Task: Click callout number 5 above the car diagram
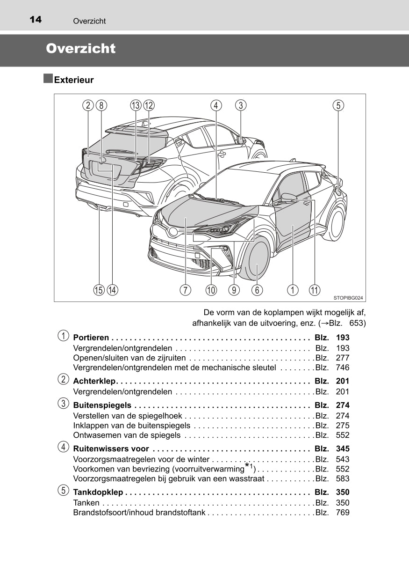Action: click(x=338, y=105)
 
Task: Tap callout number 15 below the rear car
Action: click(x=99, y=290)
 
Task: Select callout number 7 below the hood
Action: click(x=186, y=290)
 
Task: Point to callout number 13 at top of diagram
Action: click(x=136, y=105)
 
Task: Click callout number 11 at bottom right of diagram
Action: click(x=315, y=290)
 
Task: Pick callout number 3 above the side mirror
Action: click(x=241, y=105)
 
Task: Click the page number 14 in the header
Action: click(x=35, y=20)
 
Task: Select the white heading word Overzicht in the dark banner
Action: click(x=80, y=49)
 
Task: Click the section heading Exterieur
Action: click(x=74, y=80)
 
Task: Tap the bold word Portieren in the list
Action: click(x=91, y=338)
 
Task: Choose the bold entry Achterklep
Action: click(x=94, y=381)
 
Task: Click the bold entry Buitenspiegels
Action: click(x=102, y=405)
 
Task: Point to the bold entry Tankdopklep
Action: click(x=98, y=492)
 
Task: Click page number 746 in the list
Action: click(x=342, y=368)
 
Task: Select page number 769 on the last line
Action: click(x=342, y=513)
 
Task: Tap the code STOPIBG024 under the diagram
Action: click(x=348, y=298)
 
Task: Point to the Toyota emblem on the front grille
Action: click(x=173, y=232)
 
